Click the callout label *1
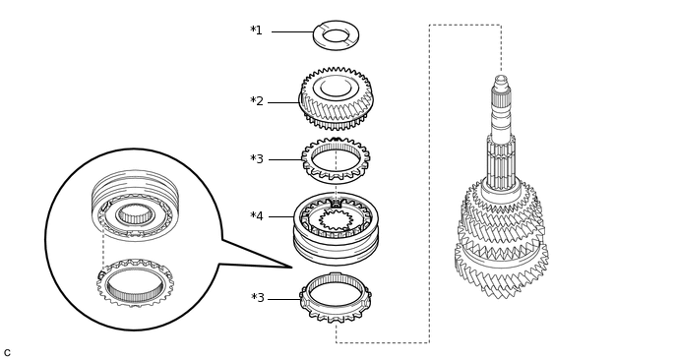(256, 30)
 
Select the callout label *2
(257, 101)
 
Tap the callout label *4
(257, 215)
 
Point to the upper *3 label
(257, 158)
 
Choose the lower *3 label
(258, 298)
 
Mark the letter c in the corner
(7, 353)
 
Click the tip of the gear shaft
(501, 78)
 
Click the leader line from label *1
(292, 31)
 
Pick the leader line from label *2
(283, 102)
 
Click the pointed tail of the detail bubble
(292, 268)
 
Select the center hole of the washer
(336, 35)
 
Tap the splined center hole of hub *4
(336, 219)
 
